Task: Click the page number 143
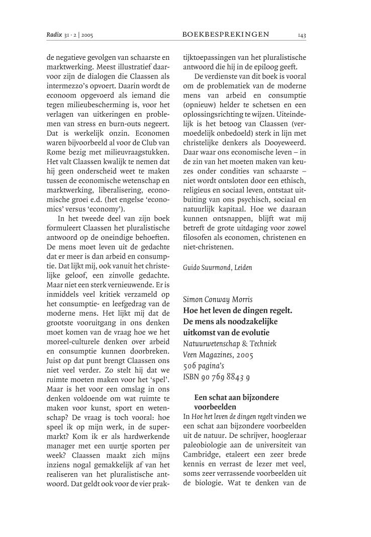click(302, 35)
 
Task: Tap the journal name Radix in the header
click(54, 35)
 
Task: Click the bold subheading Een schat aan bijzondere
click(236, 397)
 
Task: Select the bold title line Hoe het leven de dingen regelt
click(237, 311)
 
